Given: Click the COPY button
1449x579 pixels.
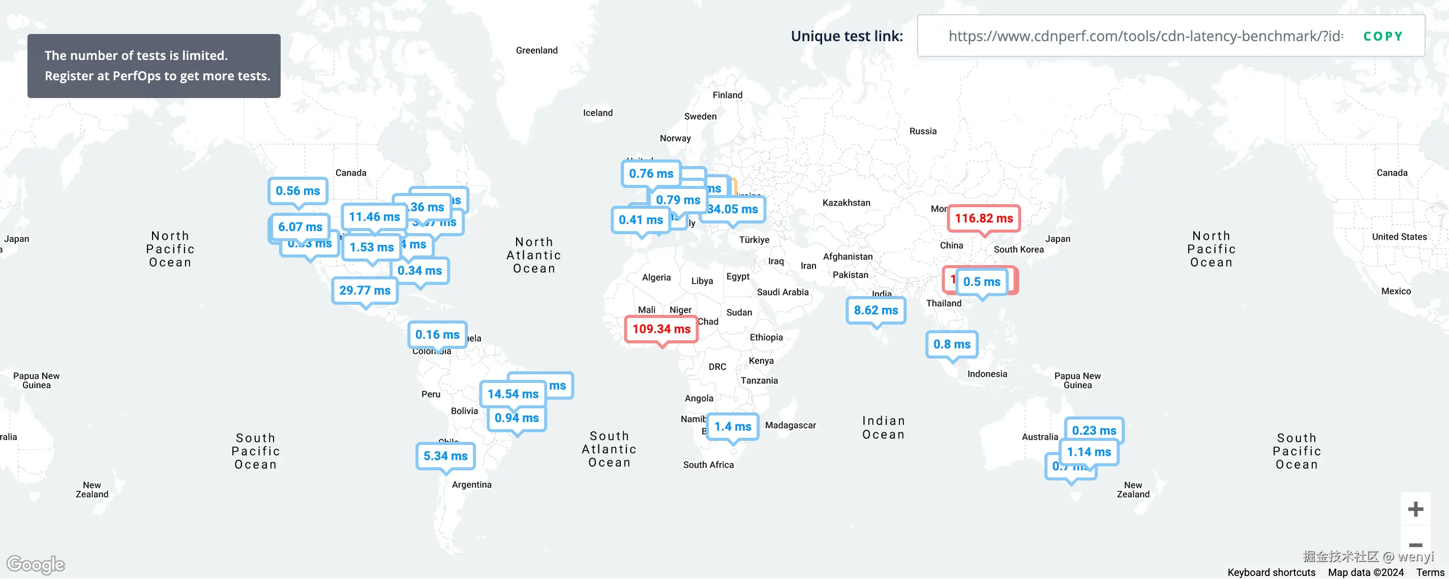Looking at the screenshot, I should pyautogui.click(x=1382, y=36).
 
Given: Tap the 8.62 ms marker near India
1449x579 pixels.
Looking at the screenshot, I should pyautogui.click(x=876, y=310).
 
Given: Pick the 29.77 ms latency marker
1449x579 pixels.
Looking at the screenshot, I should pyautogui.click(x=365, y=290).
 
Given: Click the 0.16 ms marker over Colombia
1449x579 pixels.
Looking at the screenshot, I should pyautogui.click(x=437, y=335).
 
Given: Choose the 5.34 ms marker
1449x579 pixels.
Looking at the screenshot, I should pyautogui.click(x=445, y=456).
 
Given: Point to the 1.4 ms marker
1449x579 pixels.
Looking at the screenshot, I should pyautogui.click(x=732, y=427).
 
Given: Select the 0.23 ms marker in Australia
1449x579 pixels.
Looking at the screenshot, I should pyautogui.click(x=1094, y=430).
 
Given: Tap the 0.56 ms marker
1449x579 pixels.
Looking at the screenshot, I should pyautogui.click(x=297, y=190).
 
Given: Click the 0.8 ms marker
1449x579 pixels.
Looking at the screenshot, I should pyautogui.click(x=952, y=344).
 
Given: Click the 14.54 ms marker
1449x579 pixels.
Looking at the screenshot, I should pyautogui.click(x=512, y=394).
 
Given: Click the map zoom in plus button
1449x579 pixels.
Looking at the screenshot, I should pyautogui.click(x=1415, y=509).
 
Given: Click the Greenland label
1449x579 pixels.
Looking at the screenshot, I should pyautogui.click(x=536, y=50).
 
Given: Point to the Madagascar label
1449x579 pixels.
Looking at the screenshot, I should pyautogui.click(x=790, y=425).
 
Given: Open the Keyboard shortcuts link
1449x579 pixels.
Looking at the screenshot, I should pyautogui.click(x=1271, y=572).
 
